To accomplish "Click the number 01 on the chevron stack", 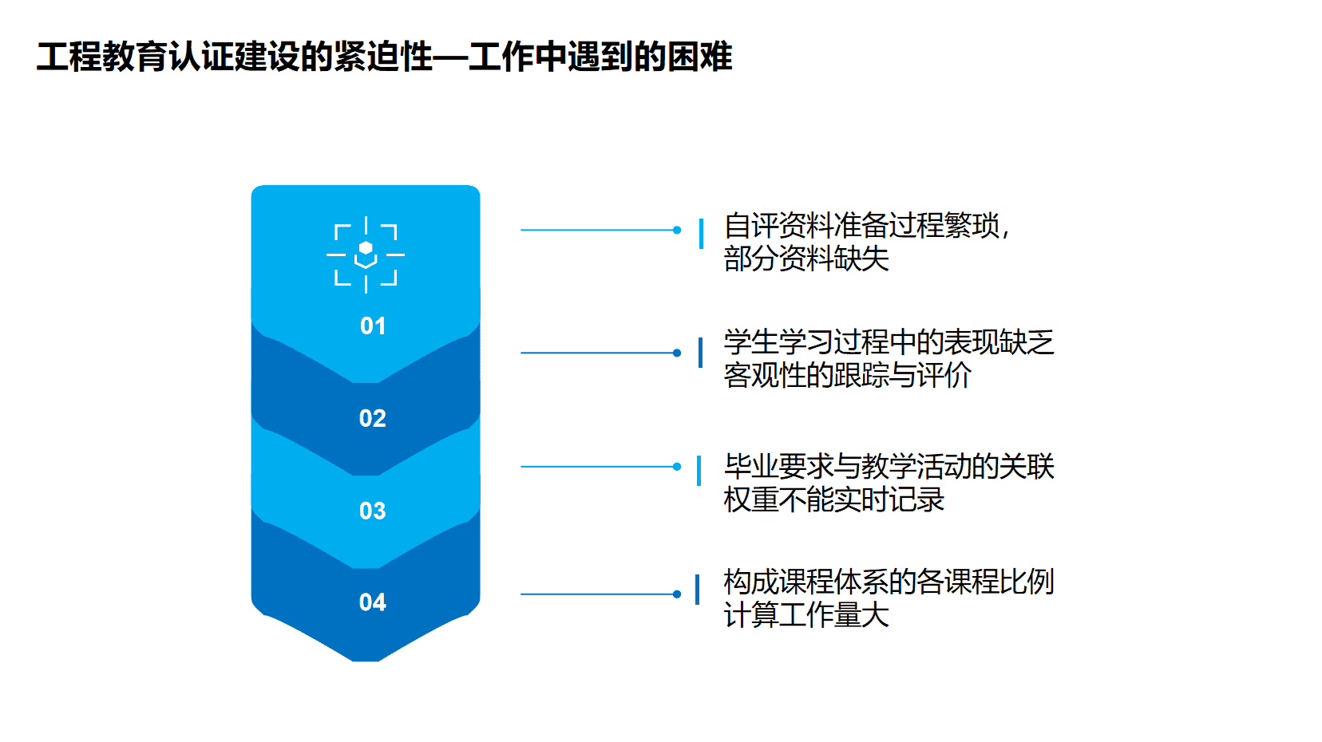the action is pos(372,326).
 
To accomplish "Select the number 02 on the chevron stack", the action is pos(372,418).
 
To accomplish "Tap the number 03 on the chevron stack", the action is pos(372,510).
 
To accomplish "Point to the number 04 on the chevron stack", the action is pos(372,602).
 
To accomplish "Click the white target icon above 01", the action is pos(366,255).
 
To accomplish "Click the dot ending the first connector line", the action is pos(677,230).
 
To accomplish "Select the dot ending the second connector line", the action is pos(677,353).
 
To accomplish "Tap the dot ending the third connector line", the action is pos(677,467).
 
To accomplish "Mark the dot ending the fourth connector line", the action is pos(677,594).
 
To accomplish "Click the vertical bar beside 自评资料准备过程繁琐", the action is pos(701,234).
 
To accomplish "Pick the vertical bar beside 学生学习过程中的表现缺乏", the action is pos(701,353).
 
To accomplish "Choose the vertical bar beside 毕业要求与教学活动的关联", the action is pos(699,471).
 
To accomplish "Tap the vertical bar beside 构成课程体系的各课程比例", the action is pos(698,590).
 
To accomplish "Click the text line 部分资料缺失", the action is pos(806,259).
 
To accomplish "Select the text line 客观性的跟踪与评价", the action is pos(848,375).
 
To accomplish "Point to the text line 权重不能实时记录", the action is pos(834,499).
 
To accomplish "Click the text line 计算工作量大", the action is pos(806,614).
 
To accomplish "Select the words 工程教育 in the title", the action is pos(102,57).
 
